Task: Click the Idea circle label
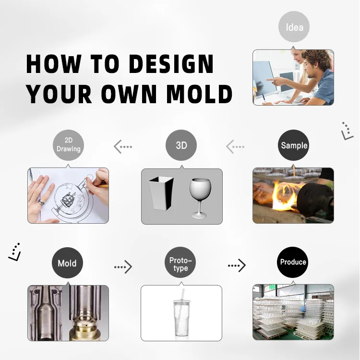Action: pyautogui.click(x=294, y=26)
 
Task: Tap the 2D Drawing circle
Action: pyautogui.click(x=69, y=145)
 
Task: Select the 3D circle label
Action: pyautogui.click(x=181, y=145)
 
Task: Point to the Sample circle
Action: pyautogui.click(x=293, y=145)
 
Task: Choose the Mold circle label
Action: pyautogui.click(x=67, y=263)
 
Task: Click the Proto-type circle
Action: pyautogui.click(x=180, y=262)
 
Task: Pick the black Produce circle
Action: pyautogui.click(x=293, y=262)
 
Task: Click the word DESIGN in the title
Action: pyautogui.click(x=171, y=64)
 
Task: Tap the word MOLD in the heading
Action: pyautogui.click(x=199, y=94)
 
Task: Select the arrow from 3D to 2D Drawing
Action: pyautogui.click(x=123, y=146)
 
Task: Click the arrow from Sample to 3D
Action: pyautogui.click(x=235, y=146)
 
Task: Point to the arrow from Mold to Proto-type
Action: pyautogui.click(x=123, y=267)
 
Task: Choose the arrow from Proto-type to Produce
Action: pyautogui.click(x=237, y=265)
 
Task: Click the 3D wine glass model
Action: pyautogui.click(x=200, y=198)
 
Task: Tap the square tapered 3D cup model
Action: pyautogui.click(x=161, y=193)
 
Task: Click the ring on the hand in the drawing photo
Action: pyautogui.click(x=41, y=203)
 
